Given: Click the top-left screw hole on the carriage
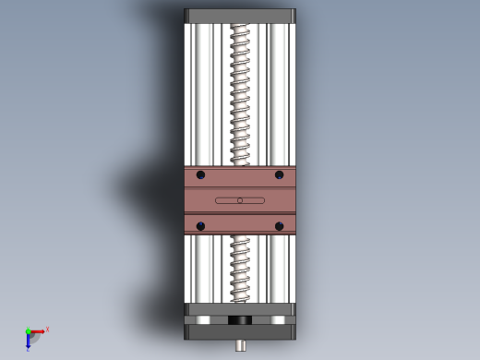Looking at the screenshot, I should click(x=200, y=174).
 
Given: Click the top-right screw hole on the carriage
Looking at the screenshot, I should click(x=279, y=174).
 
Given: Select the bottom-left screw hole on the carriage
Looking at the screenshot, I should click(x=200, y=225).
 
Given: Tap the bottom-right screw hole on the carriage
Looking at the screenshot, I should click(x=279, y=225).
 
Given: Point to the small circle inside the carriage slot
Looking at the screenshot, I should click(x=240, y=200).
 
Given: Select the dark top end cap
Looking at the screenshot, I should click(x=240, y=16).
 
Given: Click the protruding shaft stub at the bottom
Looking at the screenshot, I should click(x=241, y=346).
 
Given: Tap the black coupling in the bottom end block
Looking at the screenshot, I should click(x=240, y=320).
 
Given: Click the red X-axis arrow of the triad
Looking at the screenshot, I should click(x=38, y=330).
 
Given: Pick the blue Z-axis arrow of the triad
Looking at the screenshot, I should click(x=29, y=339).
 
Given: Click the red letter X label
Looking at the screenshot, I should click(x=47, y=329).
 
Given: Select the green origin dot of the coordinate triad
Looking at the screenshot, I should click(x=28, y=331).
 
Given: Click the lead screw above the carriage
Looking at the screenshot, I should click(x=240, y=92).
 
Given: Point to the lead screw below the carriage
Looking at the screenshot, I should click(x=240, y=268).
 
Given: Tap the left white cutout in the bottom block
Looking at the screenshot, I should click(x=204, y=320).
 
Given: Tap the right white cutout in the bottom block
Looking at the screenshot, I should click(x=276, y=320).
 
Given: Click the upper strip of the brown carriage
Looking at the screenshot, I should click(x=240, y=175).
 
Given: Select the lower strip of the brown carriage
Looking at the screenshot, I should click(x=240, y=224).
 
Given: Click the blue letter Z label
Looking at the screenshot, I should click(x=28, y=350).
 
